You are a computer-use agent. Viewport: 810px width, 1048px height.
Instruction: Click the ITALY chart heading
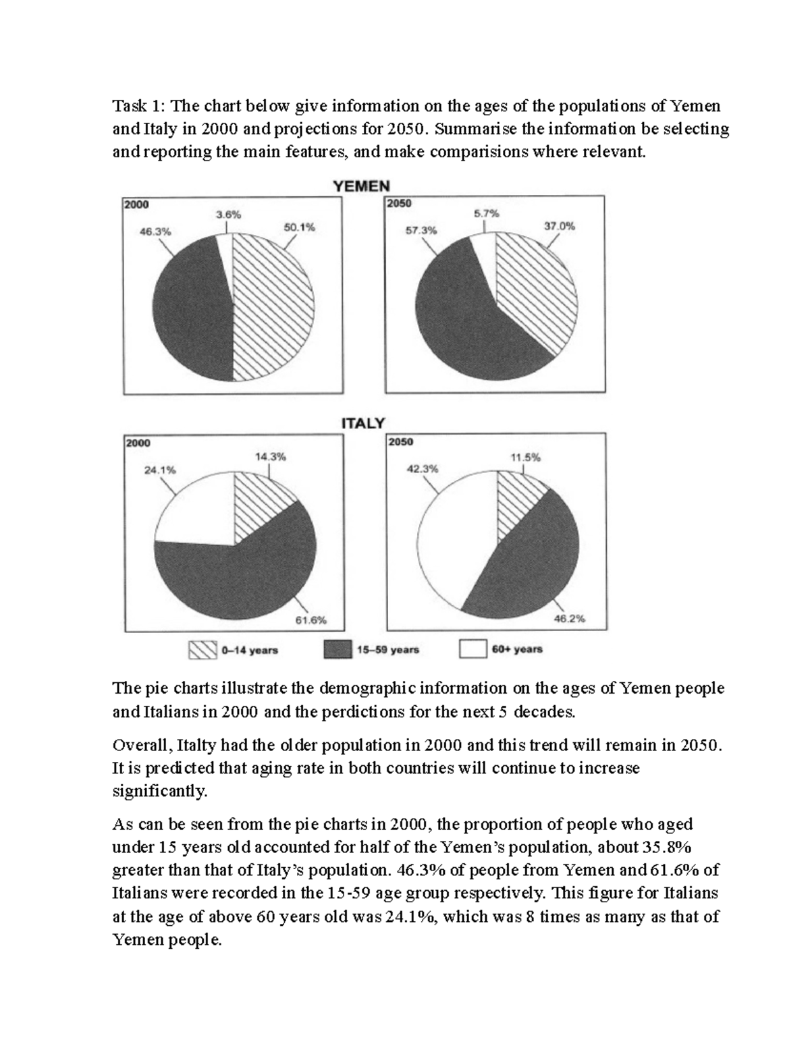click(362, 423)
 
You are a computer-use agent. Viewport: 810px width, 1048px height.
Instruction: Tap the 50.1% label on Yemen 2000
click(299, 228)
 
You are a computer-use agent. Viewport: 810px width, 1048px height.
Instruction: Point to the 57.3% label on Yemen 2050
click(421, 230)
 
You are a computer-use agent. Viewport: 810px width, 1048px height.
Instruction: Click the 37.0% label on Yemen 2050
click(560, 227)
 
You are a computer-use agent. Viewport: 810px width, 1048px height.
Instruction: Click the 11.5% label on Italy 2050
click(525, 457)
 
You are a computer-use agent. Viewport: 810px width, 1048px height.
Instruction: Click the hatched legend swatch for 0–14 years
click(202, 649)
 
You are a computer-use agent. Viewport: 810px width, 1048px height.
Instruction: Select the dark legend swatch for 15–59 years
click(338, 649)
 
